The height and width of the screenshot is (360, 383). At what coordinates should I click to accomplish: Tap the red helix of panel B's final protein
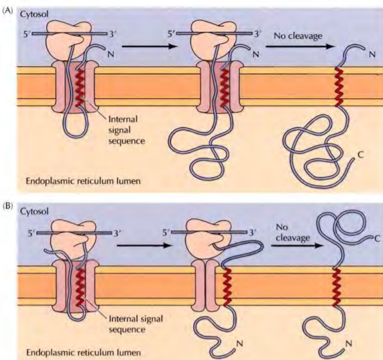(x=336, y=284)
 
